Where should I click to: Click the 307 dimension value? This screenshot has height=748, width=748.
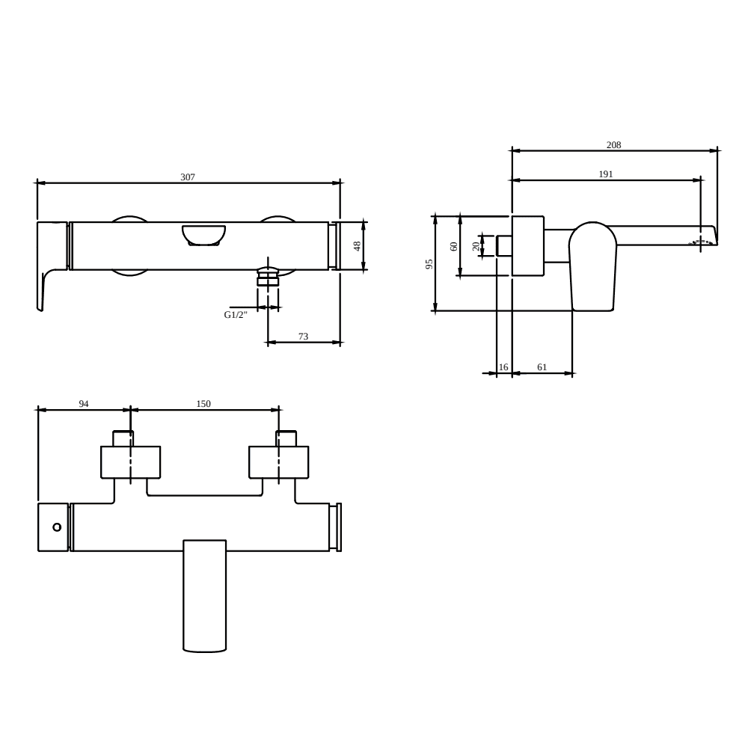[x=188, y=177]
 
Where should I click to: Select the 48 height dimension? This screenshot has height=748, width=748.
[x=357, y=246]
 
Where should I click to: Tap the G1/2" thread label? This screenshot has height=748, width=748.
[x=236, y=315]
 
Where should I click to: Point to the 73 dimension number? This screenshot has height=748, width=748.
[x=304, y=337]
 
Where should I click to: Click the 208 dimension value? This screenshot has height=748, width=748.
[x=613, y=145]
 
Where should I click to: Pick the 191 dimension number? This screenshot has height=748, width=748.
[x=605, y=174]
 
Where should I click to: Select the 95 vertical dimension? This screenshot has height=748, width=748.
[x=429, y=264]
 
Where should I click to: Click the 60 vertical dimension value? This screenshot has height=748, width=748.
[x=454, y=246]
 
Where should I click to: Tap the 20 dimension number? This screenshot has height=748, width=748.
[x=476, y=246]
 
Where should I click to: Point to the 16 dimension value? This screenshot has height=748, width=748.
[x=503, y=367]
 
